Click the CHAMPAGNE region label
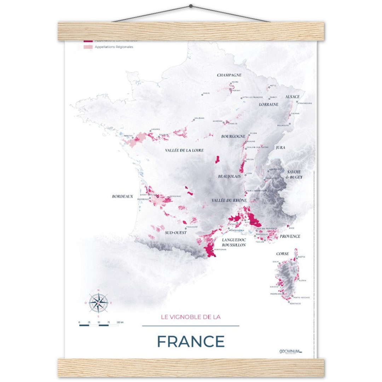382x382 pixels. coord(229,75)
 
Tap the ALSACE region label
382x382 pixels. coord(293,97)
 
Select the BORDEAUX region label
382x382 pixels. coord(122,196)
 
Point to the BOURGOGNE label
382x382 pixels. coord(233,136)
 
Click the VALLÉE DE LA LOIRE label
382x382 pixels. coord(184,150)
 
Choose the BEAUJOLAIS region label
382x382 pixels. coord(229,176)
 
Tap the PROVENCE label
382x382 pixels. coord(290,236)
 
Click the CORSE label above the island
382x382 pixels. coord(282,254)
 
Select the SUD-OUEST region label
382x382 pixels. coord(176,233)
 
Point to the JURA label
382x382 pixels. coord(280,147)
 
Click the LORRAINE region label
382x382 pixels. coord(268,104)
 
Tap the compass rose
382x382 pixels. coord(98,303)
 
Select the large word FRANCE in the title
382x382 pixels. coord(191,341)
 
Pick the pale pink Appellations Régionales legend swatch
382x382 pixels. coord(88,47)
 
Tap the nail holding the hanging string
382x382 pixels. coord(191,6)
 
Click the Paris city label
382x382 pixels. coord(206,94)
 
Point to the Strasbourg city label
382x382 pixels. coord(305,103)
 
